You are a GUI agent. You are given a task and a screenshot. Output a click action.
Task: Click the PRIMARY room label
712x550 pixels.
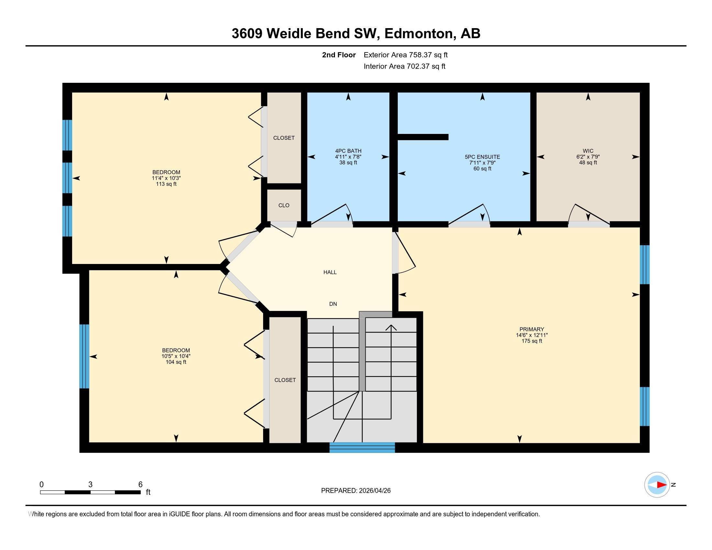[x=531, y=329]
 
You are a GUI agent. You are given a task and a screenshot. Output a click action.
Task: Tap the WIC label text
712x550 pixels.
[x=588, y=151]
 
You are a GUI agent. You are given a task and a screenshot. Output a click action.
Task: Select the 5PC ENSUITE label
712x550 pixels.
[x=482, y=157]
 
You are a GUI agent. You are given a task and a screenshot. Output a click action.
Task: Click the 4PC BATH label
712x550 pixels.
[x=348, y=151]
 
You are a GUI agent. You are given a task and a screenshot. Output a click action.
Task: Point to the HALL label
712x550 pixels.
[x=330, y=272]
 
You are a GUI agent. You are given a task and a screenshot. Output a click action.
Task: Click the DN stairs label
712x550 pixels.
[x=333, y=304]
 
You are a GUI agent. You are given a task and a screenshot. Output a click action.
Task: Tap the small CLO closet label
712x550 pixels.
[x=284, y=205]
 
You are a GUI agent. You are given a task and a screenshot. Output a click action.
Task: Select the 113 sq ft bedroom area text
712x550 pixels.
[x=166, y=184]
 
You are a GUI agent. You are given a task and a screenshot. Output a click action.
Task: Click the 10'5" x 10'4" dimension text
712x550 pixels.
[x=176, y=356]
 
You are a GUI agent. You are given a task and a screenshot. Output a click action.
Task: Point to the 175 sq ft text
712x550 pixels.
[x=531, y=341]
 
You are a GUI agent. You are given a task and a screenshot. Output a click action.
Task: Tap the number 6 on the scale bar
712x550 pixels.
[x=140, y=485]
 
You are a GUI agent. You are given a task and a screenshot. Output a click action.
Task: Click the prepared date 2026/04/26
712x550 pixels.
[x=374, y=491]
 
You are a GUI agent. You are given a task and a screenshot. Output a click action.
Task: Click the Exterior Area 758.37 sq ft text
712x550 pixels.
[x=406, y=55]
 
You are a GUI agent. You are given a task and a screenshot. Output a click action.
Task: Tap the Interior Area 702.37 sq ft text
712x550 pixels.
[x=404, y=66]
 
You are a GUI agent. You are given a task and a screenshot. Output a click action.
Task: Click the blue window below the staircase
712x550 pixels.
[x=362, y=448]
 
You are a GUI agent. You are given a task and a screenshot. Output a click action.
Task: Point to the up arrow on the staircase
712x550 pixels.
[x=391, y=327]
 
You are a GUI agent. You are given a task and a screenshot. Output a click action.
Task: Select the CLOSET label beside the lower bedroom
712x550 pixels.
[x=285, y=380]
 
